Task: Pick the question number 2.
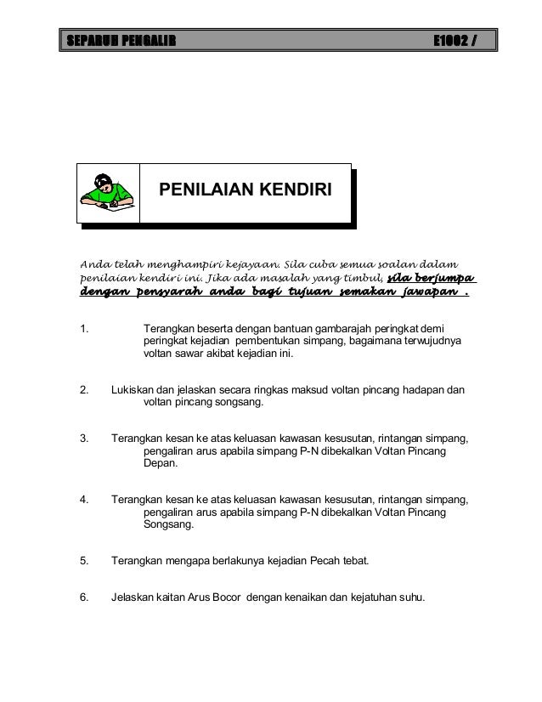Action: pyautogui.click(x=83, y=391)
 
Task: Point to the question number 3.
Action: pyautogui.click(x=83, y=439)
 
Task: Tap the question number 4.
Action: pyautogui.click(x=83, y=500)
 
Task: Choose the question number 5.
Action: pyautogui.click(x=83, y=561)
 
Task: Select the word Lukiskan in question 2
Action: pyautogui.click(x=133, y=391)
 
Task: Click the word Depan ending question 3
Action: pyautogui.click(x=161, y=466)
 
